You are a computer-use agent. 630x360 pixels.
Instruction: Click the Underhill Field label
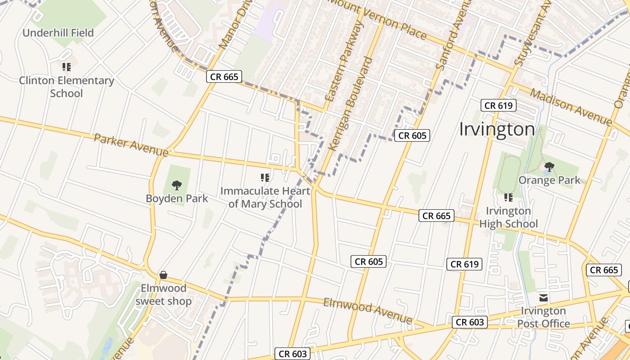pyautogui.click(x=58, y=33)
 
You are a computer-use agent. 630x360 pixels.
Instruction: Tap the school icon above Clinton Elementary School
pyautogui.click(x=67, y=67)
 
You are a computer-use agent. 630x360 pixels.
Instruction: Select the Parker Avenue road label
pyautogui.click(x=131, y=145)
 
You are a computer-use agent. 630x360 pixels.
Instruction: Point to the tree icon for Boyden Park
pyautogui.click(x=177, y=185)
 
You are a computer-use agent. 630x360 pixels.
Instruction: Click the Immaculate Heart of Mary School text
pyautogui.click(x=265, y=197)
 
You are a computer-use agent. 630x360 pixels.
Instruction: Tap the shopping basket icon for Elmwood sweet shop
pyautogui.click(x=163, y=275)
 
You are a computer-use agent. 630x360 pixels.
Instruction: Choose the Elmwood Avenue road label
pyautogui.click(x=367, y=310)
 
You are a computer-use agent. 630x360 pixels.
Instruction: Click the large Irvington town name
pyautogui.click(x=497, y=130)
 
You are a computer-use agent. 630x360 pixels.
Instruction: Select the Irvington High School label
pyautogui.click(x=508, y=217)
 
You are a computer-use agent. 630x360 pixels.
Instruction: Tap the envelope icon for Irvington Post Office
pyautogui.click(x=544, y=297)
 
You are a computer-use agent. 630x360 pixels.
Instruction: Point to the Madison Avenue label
pyautogui.click(x=571, y=107)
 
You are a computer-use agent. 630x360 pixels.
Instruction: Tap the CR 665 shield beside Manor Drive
pyautogui.click(x=224, y=76)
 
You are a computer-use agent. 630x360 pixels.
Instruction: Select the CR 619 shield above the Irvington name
pyautogui.click(x=499, y=106)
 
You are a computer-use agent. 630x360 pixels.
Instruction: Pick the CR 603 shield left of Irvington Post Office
pyautogui.click(x=470, y=322)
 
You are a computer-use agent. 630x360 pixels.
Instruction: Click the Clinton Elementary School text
pyautogui.click(x=67, y=87)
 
